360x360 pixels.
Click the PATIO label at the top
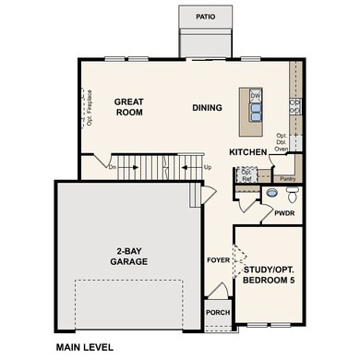pyautogui.click(x=206, y=17)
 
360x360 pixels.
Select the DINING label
pyautogui.click(x=207, y=108)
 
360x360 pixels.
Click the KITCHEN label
pyautogui.click(x=248, y=151)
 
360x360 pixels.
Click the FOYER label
pyautogui.click(x=217, y=261)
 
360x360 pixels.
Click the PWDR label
pyautogui.click(x=284, y=213)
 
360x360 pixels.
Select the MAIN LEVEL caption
pyautogui.click(x=84, y=348)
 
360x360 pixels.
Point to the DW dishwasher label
pyautogui.click(x=257, y=96)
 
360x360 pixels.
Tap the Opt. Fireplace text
pyautogui.click(x=90, y=107)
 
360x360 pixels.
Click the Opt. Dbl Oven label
pyautogui.click(x=282, y=141)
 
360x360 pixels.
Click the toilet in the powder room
pyautogui.click(x=292, y=194)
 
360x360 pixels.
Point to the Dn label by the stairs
pyautogui.click(x=113, y=167)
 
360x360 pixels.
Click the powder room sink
pyautogui.click(x=271, y=194)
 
